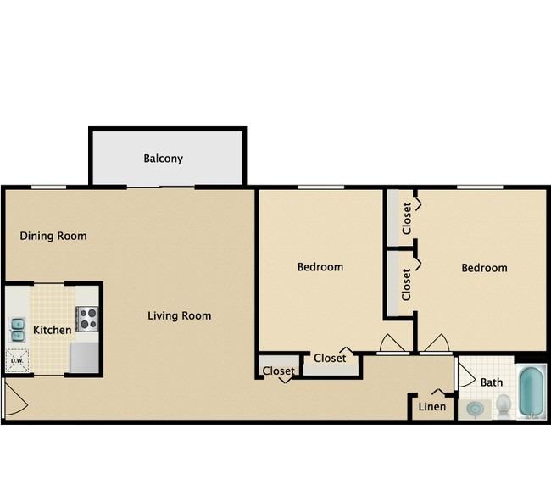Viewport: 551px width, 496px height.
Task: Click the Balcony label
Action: point(163,159)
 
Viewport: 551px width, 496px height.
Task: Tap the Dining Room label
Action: point(53,236)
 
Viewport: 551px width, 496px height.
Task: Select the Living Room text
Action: point(179,315)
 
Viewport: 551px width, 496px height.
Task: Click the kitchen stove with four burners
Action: point(86,319)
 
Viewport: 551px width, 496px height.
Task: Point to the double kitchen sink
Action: point(17,330)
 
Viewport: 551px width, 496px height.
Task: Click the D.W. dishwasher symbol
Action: point(17,360)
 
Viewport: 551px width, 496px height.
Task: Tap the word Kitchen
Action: point(52,330)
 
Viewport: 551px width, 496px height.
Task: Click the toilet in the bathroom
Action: point(504,406)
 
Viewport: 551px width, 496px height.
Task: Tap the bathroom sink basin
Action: point(475,409)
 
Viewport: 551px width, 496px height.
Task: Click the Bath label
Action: point(492,382)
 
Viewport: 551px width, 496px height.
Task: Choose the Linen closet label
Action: point(431,407)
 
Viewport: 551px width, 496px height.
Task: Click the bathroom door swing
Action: point(466,375)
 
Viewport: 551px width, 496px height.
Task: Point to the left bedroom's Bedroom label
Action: point(320,267)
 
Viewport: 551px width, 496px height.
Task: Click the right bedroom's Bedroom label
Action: point(484,268)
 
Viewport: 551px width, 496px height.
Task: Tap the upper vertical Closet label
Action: point(407,218)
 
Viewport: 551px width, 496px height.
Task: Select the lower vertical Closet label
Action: point(406,284)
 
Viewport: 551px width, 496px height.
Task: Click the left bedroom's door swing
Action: point(392,343)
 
